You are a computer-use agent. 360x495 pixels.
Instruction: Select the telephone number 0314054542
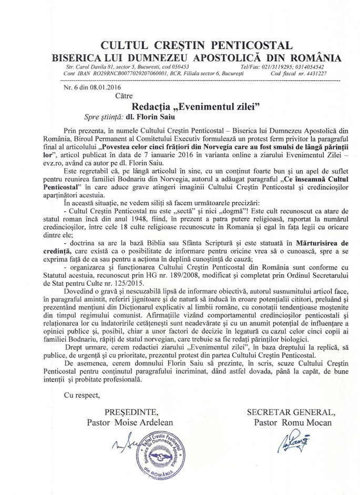click(322, 68)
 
